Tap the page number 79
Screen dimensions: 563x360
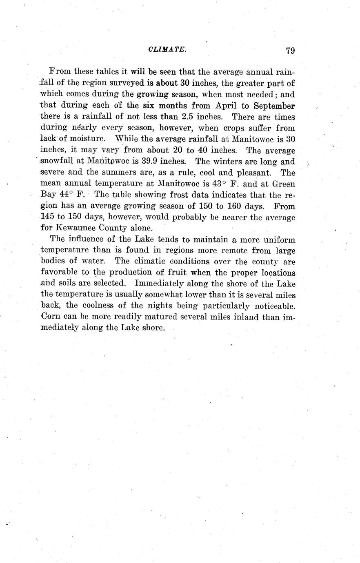tap(290, 51)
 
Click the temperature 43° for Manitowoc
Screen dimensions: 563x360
tap(215, 184)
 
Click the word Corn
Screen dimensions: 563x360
tap(51, 316)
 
